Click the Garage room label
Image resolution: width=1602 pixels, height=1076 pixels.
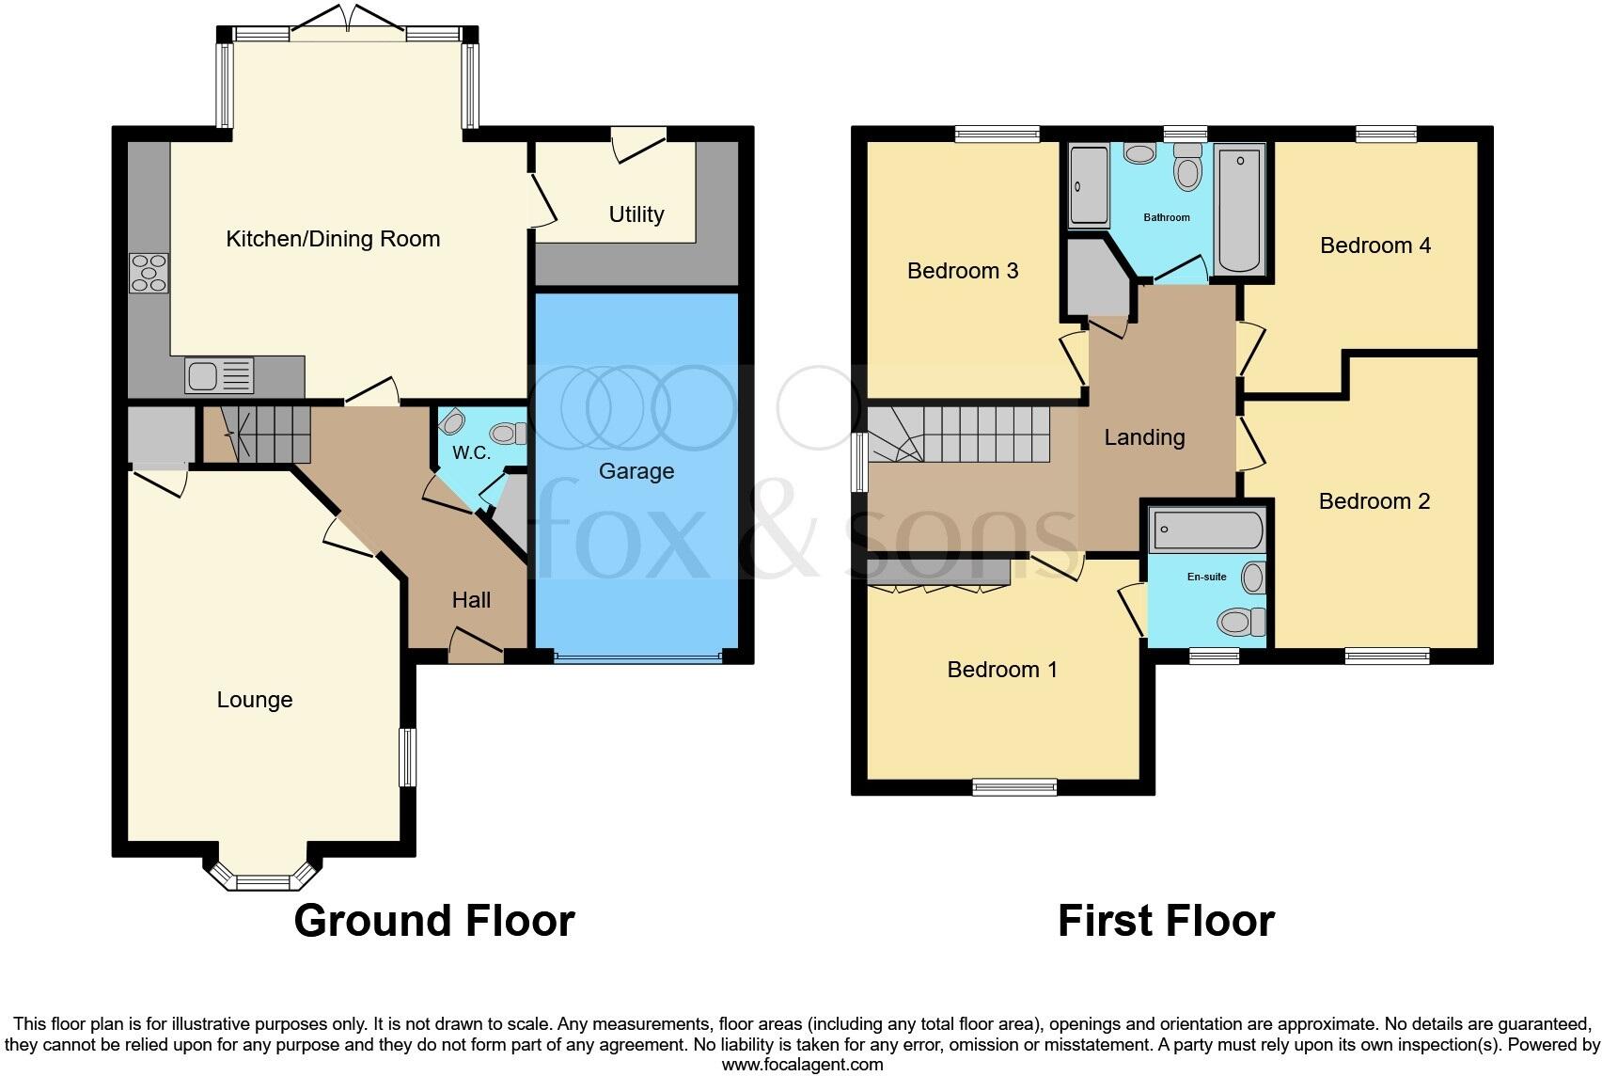636,471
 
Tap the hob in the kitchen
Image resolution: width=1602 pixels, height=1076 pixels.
149,273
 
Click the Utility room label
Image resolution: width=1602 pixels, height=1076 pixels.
636,214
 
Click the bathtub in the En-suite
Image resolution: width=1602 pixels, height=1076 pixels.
1207,530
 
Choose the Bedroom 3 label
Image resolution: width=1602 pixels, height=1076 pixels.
963,271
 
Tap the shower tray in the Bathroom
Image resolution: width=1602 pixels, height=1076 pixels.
1089,186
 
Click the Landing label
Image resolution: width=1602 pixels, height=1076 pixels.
1144,437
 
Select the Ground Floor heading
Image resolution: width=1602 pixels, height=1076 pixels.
433,921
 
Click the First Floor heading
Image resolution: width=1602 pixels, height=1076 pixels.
1166,921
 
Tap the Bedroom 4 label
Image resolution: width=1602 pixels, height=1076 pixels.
1374,245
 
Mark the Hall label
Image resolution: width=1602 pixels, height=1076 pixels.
471,600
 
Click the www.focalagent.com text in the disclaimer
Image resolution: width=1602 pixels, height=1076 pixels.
802,1065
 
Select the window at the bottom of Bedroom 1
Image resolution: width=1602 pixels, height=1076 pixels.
1014,787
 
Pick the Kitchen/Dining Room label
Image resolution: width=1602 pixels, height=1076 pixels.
333,239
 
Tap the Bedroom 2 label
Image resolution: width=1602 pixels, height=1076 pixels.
1374,501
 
